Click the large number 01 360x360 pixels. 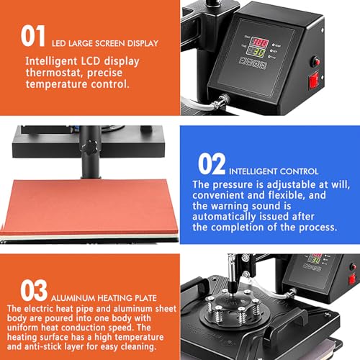(x=32, y=36)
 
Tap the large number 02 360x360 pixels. (x=212, y=164)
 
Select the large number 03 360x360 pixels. (x=34, y=290)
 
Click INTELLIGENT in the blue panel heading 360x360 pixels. (x=253, y=171)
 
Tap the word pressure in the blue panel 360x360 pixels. (x=233, y=185)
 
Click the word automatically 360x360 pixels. (x=224, y=217)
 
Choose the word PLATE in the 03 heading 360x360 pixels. (x=145, y=298)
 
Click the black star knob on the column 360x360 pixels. (x=90, y=146)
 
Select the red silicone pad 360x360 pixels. (x=89, y=207)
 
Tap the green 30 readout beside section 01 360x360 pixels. (x=256, y=52)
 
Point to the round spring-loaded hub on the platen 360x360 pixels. (x=231, y=308)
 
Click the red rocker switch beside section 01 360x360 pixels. (x=313, y=81)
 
